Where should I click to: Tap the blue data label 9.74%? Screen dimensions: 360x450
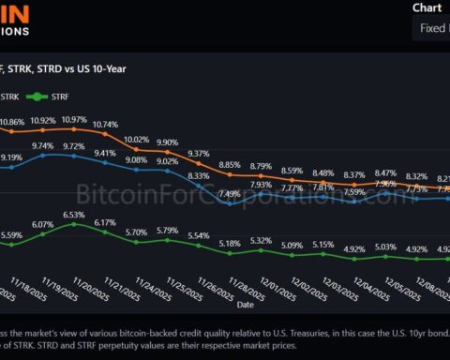(43, 146)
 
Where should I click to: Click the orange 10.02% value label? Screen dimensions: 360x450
(137, 139)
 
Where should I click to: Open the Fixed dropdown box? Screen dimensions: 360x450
(431, 28)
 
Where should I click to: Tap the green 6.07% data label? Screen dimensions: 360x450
(43, 225)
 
